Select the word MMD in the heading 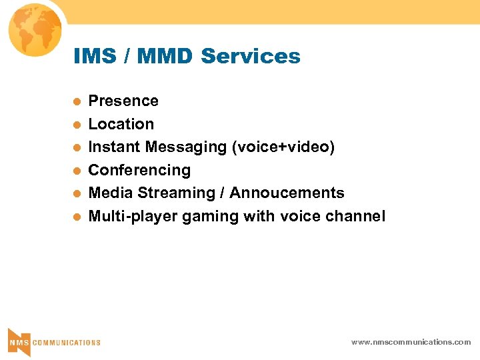[x=164, y=57]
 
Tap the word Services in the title [x=250, y=57]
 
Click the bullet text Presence [x=123, y=101]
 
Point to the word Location [x=121, y=124]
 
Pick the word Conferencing [x=139, y=170]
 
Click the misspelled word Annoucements [x=287, y=193]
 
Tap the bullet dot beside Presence [x=77, y=102]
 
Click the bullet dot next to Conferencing [x=77, y=171]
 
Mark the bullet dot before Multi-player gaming [x=77, y=217]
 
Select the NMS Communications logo [x=54, y=342]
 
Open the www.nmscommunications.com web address [x=411, y=342]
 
